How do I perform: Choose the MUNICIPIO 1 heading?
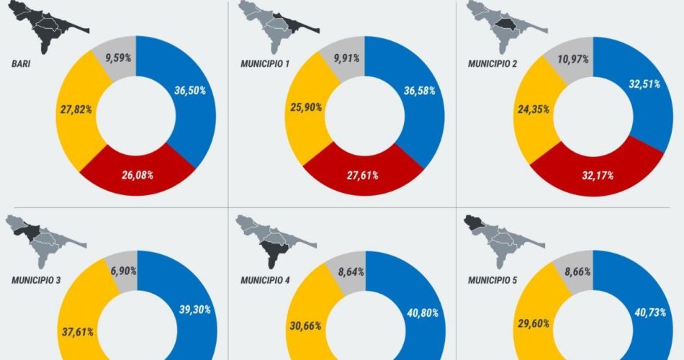[265, 63]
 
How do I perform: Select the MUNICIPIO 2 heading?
[492, 63]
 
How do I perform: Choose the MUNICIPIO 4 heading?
[265, 279]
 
